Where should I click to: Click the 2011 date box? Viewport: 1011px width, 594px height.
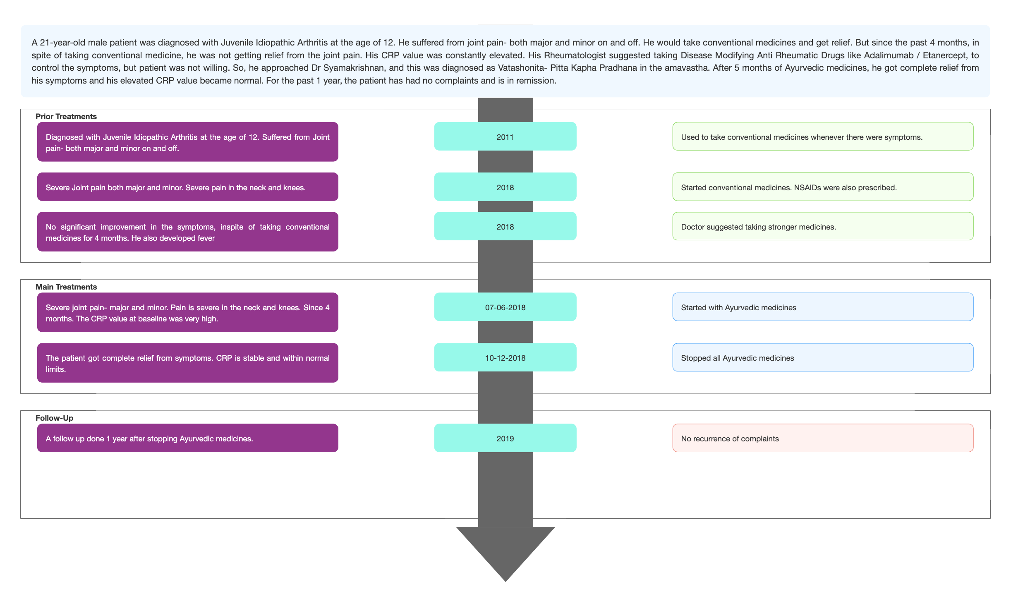[505, 137]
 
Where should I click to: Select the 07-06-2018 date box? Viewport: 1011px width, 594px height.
[505, 307]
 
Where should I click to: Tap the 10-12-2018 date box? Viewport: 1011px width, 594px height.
[505, 357]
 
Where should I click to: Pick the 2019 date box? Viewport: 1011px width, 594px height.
[505, 438]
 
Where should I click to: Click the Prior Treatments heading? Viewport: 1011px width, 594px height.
[66, 117]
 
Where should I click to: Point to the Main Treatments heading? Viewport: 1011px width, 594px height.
[66, 287]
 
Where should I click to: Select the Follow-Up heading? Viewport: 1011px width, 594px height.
[54, 418]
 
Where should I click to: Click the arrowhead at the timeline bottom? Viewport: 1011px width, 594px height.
[505, 550]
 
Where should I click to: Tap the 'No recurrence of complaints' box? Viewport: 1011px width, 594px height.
[823, 438]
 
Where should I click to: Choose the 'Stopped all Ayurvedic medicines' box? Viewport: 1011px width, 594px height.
[823, 357]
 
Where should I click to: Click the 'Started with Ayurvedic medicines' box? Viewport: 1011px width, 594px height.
[823, 307]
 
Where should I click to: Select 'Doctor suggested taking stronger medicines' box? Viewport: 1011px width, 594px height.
[823, 226]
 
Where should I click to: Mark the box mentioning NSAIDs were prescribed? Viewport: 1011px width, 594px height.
[823, 187]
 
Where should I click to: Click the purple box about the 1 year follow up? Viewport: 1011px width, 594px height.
[188, 438]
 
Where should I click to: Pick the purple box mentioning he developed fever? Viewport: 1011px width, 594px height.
[188, 232]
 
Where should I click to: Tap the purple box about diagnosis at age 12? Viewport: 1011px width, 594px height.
[188, 142]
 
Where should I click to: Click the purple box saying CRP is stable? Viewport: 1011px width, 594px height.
[188, 363]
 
